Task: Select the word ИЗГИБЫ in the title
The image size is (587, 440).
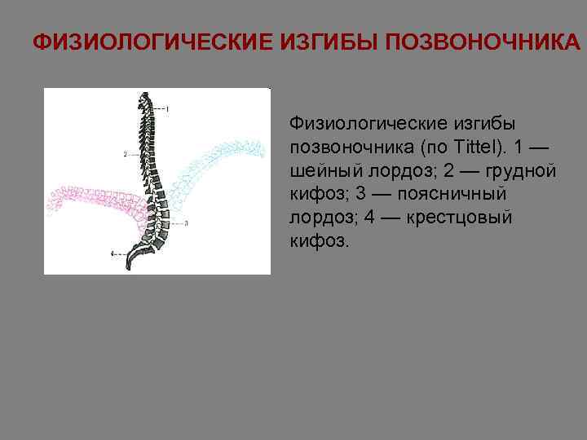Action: tap(320, 42)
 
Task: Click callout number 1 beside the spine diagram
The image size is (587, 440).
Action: tap(167, 108)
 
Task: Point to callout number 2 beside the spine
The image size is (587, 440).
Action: tap(126, 153)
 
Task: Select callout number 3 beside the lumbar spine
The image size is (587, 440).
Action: tap(187, 222)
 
